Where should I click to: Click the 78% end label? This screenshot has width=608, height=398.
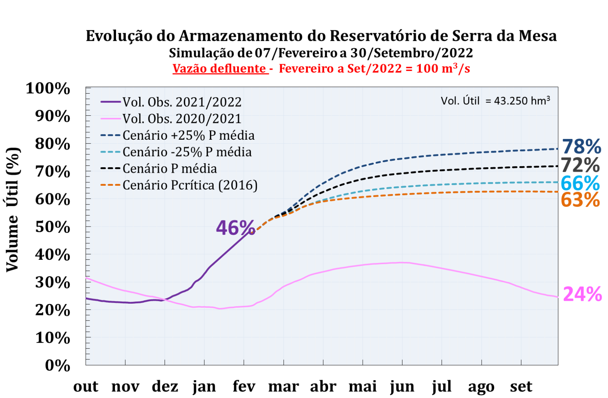tap(581, 147)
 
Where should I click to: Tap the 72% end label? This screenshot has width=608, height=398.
tap(580, 165)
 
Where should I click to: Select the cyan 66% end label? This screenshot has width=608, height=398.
tap(580, 183)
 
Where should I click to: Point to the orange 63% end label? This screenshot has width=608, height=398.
tap(580, 200)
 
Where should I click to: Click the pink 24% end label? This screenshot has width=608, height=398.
tap(582, 294)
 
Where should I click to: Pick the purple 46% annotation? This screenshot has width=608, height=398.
tap(235, 228)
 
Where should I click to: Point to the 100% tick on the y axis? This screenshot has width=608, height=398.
tap(48, 88)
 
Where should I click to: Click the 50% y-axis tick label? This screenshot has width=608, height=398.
tap(53, 227)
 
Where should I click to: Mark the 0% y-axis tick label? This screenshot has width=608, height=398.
tap(57, 366)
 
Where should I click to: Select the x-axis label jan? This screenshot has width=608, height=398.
tap(204, 387)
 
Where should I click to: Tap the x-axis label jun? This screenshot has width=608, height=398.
tap(402, 387)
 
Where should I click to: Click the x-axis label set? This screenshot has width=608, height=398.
tap(521, 387)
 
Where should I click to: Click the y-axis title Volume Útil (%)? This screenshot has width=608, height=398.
tap(13, 209)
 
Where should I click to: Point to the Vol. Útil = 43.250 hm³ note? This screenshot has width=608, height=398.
tap(495, 101)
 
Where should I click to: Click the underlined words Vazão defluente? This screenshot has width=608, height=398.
tap(220, 69)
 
